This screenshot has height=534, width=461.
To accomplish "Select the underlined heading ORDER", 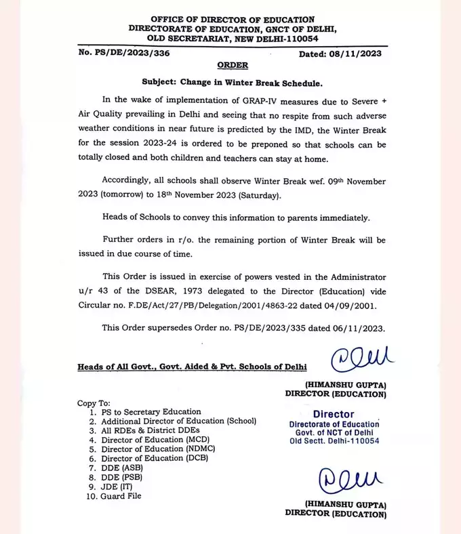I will [232, 66].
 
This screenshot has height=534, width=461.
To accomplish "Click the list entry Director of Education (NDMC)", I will [149, 448].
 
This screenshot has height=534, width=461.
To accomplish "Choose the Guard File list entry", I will [121, 495].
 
